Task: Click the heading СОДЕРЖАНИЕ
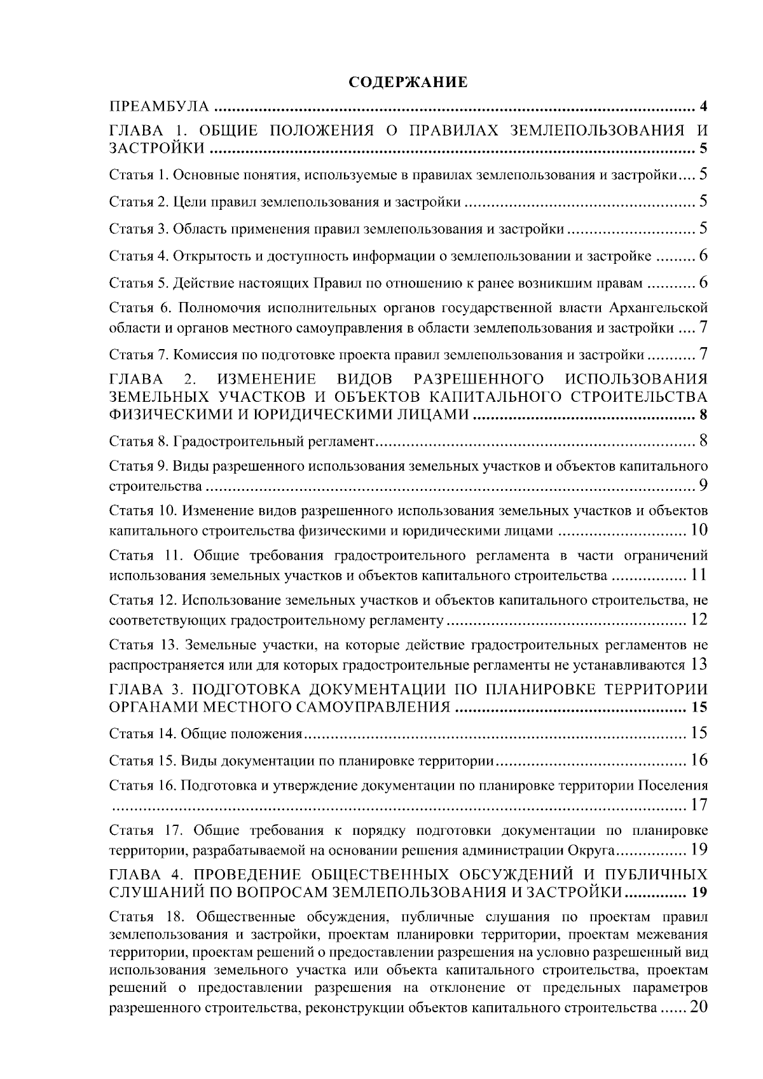click(408, 83)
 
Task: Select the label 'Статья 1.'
click(139, 174)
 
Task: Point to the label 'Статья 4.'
click(139, 256)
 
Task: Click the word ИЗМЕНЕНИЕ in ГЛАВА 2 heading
click(267, 380)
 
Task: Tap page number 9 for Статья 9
click(703, 486)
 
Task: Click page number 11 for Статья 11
click(699, 576)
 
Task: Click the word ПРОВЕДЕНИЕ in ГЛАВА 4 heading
click(246, 872)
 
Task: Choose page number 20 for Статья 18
click(698, 1008)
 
